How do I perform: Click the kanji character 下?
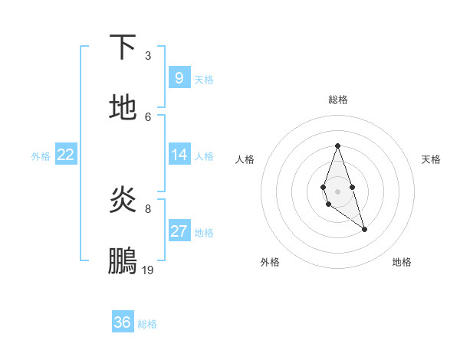tap(123, 47)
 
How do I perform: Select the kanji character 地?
tap(123, 108)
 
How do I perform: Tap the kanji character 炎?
tap(123, 200)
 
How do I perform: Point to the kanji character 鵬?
tap(123, 261)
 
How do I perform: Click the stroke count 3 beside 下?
tap(148, 56)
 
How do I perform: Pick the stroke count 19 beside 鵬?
tap(148, 270)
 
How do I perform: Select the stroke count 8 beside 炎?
tap(148, 208)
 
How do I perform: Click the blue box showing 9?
tap(179, 77)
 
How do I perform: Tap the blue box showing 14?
tap(179, 155)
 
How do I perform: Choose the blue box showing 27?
tap(179, 231)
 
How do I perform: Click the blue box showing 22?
tap(66, 155)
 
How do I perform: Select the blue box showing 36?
tap(122, 322)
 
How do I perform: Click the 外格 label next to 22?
tap(41, 156)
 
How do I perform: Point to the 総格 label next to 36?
tap(147, 324)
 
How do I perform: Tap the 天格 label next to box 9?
tap(204, 79)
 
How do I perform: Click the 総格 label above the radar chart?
tap(337, 100)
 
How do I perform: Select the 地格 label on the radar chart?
tap(402, 262)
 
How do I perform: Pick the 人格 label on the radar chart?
tap(245, 159)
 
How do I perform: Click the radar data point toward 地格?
tap(364, 229)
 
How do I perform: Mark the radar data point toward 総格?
tap(337, 146)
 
